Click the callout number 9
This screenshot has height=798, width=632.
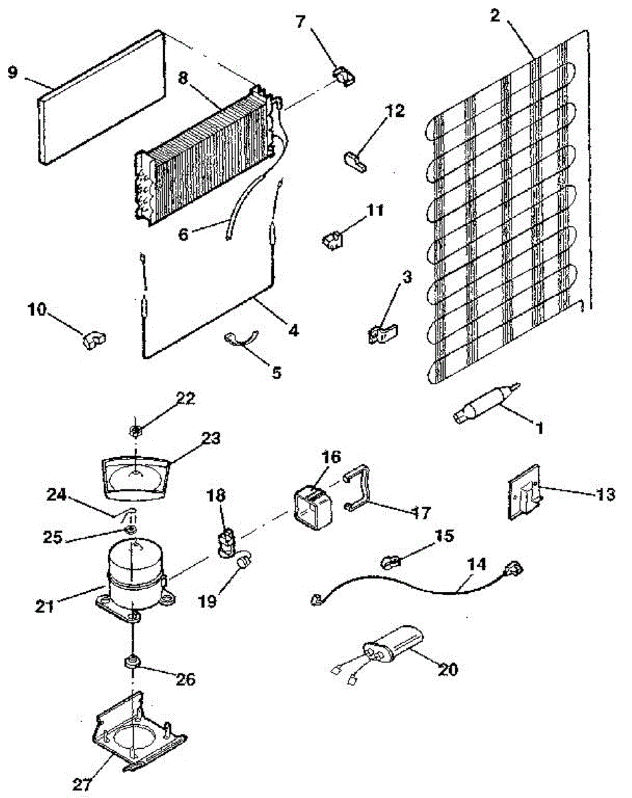pos(13,72)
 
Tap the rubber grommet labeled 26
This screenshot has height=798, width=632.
pos(131,662)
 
